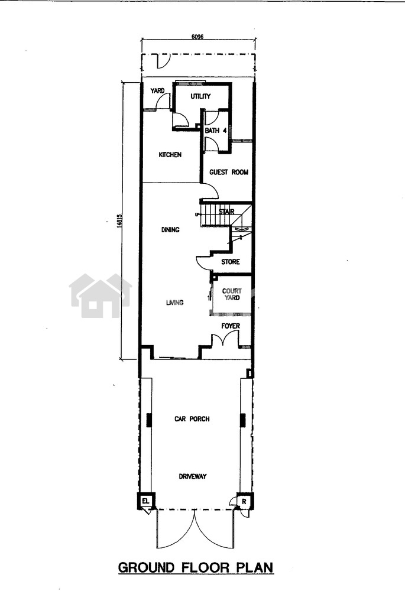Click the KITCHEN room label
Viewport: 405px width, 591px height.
(x=170, y=154)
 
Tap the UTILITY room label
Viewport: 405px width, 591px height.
(x=200, y=96)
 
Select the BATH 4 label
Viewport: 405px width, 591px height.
(x=216, y=131)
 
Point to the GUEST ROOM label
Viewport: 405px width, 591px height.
(x=229, y=172)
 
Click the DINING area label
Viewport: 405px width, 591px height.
(x=170, y=229)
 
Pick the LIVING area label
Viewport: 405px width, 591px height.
(x=175, y=302)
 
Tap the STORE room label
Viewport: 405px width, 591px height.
(x=231, y=262)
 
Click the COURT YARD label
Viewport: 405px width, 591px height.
(x=232, y=294)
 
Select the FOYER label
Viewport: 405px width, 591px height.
(x=231, y=326)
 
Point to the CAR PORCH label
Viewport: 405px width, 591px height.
(x=192, y=419)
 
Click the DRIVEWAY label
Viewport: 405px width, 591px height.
(x=193, y=476)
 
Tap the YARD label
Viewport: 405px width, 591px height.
(x=157, y=90)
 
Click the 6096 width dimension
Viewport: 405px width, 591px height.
(x=197, y=37)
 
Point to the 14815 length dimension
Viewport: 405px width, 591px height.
(x=119, y=221)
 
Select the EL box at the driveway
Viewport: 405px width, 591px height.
(x=145, y=501)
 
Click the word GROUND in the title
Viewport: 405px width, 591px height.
(x=146, y=567)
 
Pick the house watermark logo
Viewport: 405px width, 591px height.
(x=101, y=295)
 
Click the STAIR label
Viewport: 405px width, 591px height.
(x=226, y=212)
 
